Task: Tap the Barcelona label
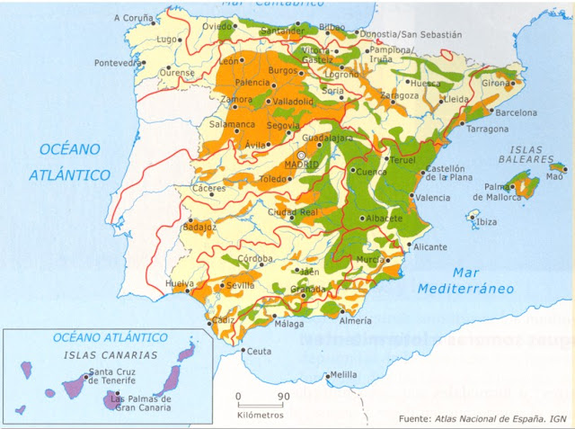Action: tap(515, 113)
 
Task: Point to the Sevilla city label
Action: tap(241, 285)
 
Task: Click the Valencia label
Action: tap(433, 198)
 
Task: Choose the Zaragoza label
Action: tap(399, 95)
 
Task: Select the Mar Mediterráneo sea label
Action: tap(465, 280)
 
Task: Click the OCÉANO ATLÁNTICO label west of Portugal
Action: tap(69, 163)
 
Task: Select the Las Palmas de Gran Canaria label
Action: tap(142, 402)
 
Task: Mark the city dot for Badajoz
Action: tap(190, 218)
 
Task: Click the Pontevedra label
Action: tap(118, 64)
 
